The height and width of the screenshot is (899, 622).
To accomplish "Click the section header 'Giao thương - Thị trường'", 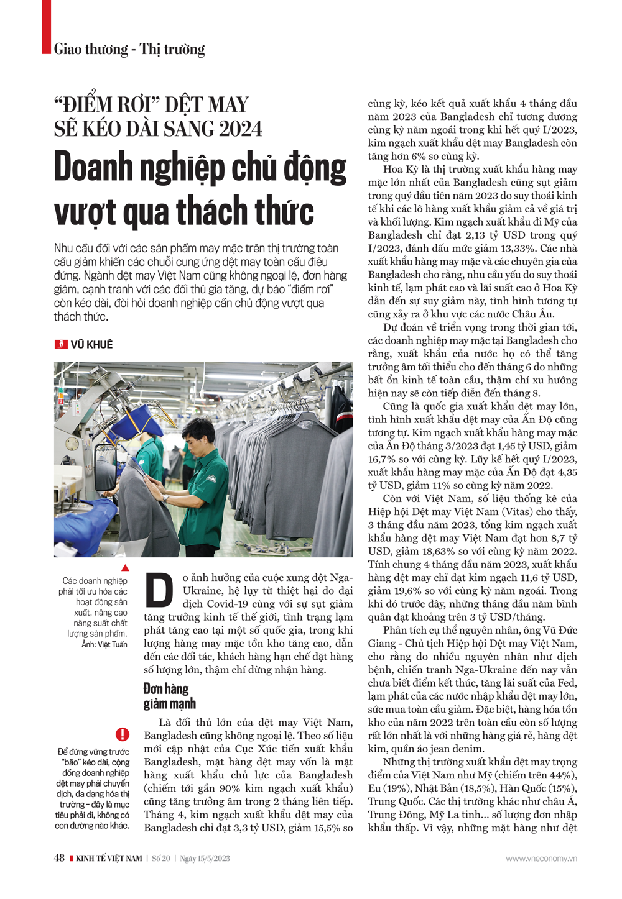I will [x=129, y=49].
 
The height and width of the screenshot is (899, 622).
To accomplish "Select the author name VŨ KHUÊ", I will [x=91, y=344].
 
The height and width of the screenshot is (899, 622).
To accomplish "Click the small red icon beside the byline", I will [x=61, y=344].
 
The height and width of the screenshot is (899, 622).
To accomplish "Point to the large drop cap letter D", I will [x=159, y=590].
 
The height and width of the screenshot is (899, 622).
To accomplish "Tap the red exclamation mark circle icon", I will [x=123, y=734].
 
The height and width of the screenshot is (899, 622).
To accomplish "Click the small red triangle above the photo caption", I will [x=125, y=568].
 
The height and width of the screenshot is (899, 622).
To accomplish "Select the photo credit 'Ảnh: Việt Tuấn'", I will [x=104, y=644].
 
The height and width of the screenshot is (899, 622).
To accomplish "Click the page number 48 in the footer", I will [x=59, y=858].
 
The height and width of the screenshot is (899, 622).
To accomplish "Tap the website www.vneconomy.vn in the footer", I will [x=541, y=859].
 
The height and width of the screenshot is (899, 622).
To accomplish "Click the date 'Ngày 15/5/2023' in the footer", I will [x=205, y=859].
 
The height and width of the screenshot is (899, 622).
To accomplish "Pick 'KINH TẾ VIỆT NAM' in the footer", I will [x=109, y=859].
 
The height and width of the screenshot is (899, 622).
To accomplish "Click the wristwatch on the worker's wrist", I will [x=166, y=497].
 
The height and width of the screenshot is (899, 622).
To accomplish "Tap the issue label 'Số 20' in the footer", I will [x=161, y=859].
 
